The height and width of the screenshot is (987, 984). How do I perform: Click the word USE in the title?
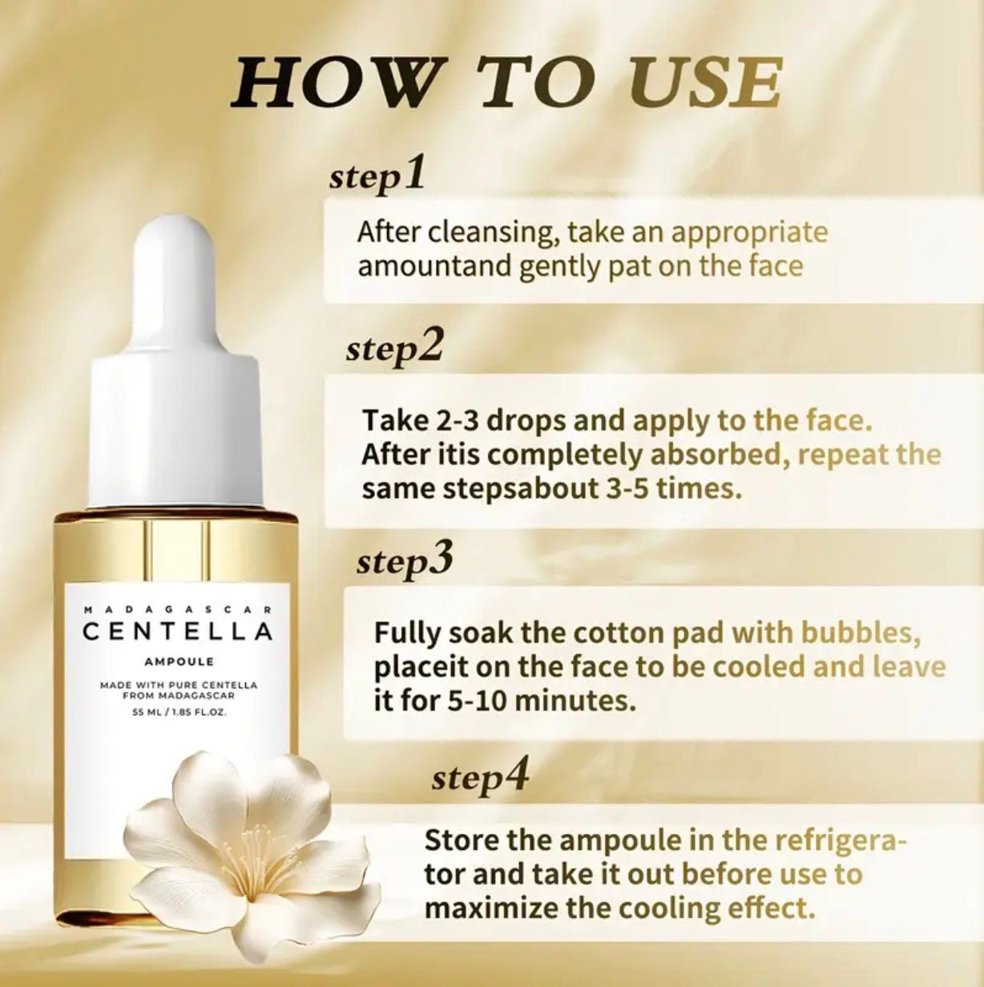[704, 83]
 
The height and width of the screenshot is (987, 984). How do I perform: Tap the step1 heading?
[377, 174]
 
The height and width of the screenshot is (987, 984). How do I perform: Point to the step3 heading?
[405, 560]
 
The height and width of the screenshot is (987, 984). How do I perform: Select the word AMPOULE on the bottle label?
[178, 661]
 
